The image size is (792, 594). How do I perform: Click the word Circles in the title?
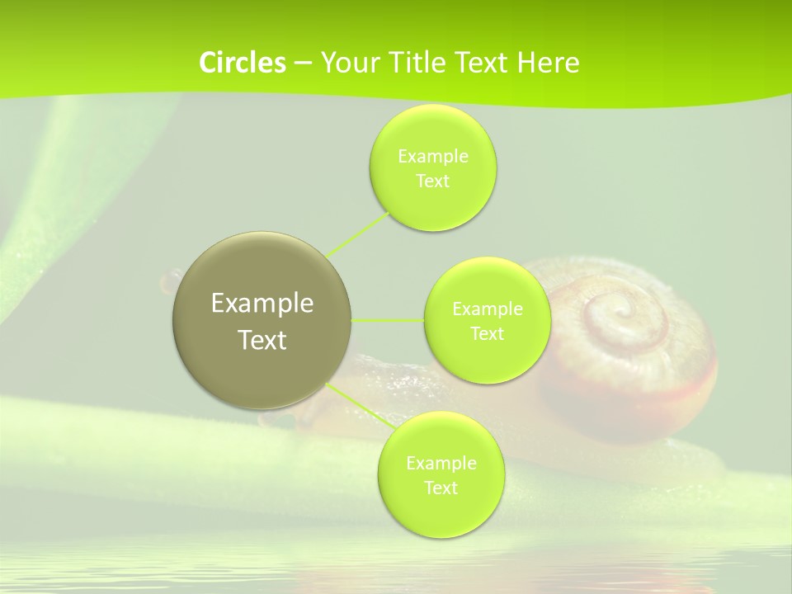click(x=243, y=63)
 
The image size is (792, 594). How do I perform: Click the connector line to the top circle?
click(x=358, y=234)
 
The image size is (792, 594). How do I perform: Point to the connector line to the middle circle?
click(x=388, y=320)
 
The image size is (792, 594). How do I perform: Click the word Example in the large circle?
click(x=262, y=303)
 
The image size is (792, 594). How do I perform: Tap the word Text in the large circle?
click(x=262, y=340)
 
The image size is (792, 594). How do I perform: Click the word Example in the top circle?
click(x=432, y=156)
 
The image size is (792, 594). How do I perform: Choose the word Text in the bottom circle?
click(x=441, y=488)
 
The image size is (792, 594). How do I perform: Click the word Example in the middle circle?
click(x=487, y=309)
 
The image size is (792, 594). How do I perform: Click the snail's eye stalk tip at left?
click(x=171, y=281)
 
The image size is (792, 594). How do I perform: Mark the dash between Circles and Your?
click(x=302, y=64)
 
